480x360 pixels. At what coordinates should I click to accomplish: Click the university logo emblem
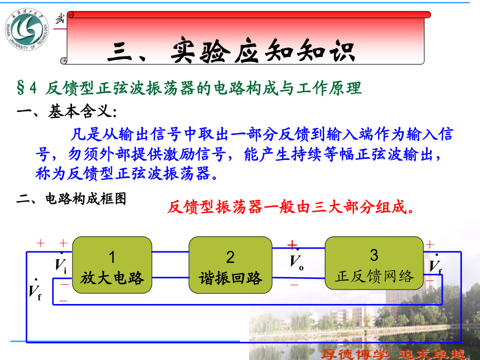point(27,29)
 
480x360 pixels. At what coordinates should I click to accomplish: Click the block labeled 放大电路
point(112,265)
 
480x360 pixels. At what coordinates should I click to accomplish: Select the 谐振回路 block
point(230,265)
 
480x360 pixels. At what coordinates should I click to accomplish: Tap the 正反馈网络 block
point(374,263)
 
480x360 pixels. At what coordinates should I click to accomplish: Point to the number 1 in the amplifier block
point(112,257)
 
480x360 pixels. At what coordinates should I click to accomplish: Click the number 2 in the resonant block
point(230,257)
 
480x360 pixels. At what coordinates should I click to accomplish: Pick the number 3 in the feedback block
point(374,255)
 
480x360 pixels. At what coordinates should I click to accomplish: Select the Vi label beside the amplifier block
point(61,263)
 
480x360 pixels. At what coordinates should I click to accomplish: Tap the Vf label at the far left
point(35,290)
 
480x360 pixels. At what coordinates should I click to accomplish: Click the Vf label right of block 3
point(436,265)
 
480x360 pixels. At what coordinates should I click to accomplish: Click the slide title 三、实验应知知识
point(231,51)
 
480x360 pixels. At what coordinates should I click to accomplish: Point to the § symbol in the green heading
point(20,88)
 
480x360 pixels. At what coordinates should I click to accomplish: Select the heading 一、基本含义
point(67,111)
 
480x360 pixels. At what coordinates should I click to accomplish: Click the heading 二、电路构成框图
point(71,199)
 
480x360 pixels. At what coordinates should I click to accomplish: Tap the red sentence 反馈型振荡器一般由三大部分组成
point(290,207)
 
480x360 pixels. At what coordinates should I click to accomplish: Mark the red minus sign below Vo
point(294,285)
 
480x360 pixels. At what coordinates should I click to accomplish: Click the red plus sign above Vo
point(292,245)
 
